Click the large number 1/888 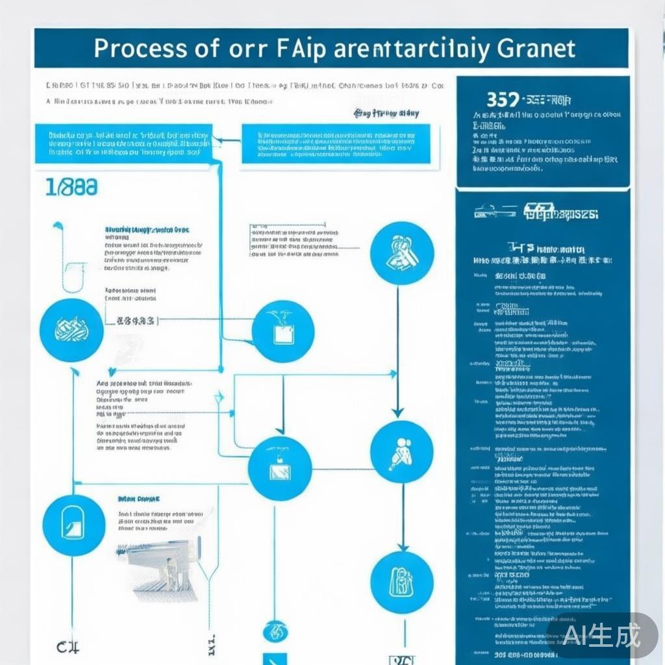(x=71, y=188)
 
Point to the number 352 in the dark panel (x=503, y=100)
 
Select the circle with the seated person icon (x=401, y=452)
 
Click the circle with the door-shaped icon (x=73, y=525)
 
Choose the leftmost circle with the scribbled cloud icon (x=71, y=330)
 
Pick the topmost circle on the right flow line (x=401, y=253)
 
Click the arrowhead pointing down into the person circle (x=398, y=412)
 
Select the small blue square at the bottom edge (x=275, y=659)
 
